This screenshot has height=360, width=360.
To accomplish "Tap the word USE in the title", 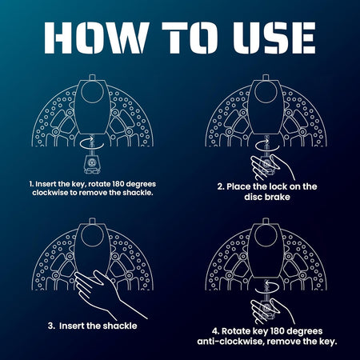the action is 274,38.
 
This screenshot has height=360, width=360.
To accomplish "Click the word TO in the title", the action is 189,38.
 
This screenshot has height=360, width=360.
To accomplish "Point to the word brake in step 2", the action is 278,197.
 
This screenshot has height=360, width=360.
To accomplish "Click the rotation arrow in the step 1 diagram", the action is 91,142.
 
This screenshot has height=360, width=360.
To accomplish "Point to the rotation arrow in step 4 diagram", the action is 267,287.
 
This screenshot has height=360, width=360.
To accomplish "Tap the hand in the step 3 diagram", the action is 106,294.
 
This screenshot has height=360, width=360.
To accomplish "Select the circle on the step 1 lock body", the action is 92,92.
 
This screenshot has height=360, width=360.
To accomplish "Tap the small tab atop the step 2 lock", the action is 266,78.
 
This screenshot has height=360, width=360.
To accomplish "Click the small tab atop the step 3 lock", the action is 92,222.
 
